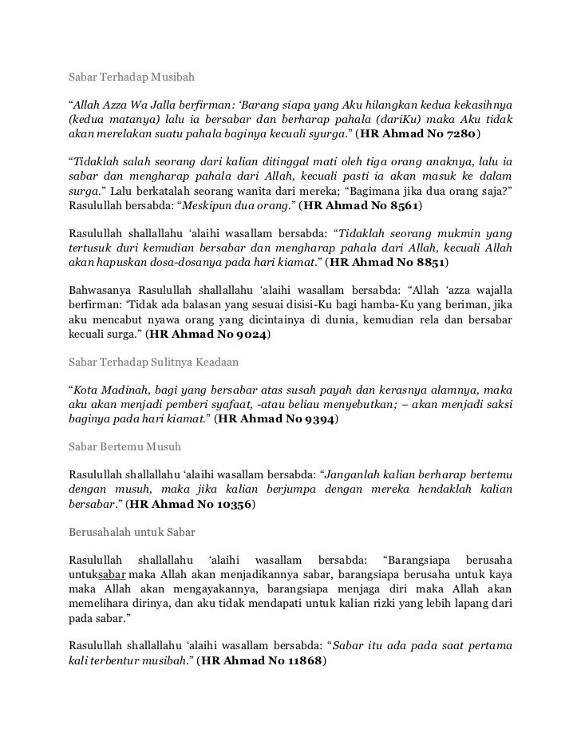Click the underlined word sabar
tap(112, 574)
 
